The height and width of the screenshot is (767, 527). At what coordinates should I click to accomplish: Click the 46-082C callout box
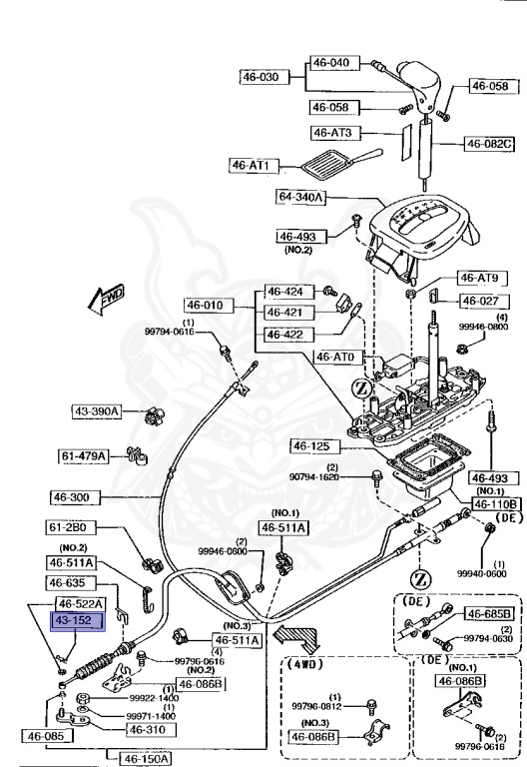coord(489,145)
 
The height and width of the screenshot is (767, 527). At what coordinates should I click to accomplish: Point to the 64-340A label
coord(302,197)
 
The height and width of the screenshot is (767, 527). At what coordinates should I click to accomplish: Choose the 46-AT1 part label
coord(255,165)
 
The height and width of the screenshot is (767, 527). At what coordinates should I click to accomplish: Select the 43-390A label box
coord(96,410)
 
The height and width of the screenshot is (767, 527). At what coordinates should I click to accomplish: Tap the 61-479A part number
coord(84,455)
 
